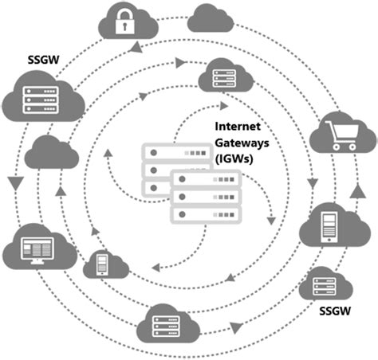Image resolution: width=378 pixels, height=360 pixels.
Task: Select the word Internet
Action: coord(240,127)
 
